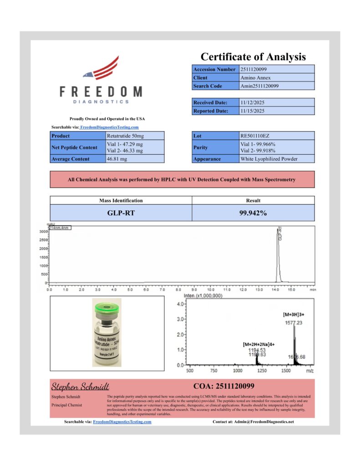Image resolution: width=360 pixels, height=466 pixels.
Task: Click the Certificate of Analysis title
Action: pyautogui.click(x=253, y=57)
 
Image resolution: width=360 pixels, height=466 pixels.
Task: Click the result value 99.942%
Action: pyautogui.click(x=253, y=213)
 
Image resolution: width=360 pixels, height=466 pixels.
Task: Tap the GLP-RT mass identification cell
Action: pyautogui.click(x=121, y=213)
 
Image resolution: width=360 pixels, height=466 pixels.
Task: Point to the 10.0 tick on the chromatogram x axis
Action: pyautogui.click(x=211, y=289)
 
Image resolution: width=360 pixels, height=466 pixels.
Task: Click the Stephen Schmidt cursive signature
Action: pyautogui.click(x=80, y=386)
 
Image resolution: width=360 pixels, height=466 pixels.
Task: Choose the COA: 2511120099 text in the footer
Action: pyautogui.click(x=224, y=386)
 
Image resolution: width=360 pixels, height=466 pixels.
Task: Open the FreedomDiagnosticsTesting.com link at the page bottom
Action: pyautogui.click(x=122, y=422)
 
